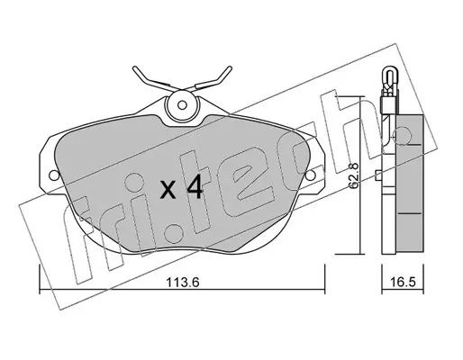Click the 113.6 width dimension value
[183, 283]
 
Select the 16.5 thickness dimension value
[403, 283]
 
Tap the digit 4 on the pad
[195, 187]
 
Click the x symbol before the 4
[168, 191]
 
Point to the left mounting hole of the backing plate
[54, 175]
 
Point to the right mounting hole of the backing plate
[311, 175]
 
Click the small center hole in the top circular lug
[181, 105]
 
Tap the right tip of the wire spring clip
[231, 67]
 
